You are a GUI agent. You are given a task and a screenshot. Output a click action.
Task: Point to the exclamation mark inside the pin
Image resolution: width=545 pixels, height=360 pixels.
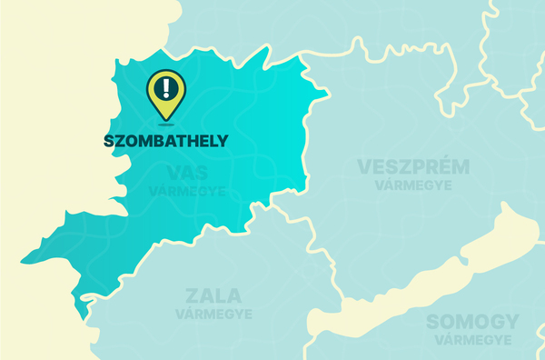(165, 87)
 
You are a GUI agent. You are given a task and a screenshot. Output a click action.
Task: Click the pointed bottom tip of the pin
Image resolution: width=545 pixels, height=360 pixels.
(165, 119)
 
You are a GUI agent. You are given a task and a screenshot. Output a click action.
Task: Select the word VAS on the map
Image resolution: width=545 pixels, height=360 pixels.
(187, 174)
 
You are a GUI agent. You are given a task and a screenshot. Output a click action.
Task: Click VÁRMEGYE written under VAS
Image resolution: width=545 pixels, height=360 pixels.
(187, 191)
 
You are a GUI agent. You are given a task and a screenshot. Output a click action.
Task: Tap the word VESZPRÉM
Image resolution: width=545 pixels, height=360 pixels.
(413, 167)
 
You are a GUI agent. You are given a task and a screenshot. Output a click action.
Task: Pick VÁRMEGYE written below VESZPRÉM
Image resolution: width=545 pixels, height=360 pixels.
(413, 185)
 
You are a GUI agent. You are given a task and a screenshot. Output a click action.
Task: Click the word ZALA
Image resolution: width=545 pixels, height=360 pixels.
(213, 296)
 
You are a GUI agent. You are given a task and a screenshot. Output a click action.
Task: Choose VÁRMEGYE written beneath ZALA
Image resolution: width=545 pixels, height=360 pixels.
(213, 314)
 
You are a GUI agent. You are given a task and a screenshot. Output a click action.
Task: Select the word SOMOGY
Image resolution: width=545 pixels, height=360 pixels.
(472, 322)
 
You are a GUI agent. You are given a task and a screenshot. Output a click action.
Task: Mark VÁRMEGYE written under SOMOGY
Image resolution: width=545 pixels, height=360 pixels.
(472, 339)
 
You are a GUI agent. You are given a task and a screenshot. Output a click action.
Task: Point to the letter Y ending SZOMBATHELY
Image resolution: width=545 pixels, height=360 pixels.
(223, 141)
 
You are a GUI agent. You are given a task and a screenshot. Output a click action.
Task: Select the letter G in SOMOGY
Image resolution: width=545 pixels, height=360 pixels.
(494, 322)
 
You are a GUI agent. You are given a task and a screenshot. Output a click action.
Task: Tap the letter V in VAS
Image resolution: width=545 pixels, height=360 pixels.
(173, 174)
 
